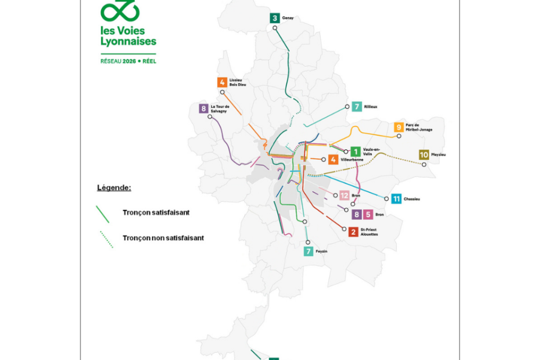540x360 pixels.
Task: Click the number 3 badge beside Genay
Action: point(274,18)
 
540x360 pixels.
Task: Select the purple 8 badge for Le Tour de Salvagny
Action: point(203,109)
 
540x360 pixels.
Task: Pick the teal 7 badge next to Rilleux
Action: point(357,107)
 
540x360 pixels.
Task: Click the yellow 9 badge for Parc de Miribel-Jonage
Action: point(399,127)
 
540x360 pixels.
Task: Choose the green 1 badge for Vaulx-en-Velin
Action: point(355,151)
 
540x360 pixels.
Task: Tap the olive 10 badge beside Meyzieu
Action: point(424,155)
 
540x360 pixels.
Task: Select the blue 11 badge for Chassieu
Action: point(397,199)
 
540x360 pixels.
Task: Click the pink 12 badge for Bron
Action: point(345,196)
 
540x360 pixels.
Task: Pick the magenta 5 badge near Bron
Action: point(367,214)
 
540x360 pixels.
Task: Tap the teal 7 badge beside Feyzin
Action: point(308,251)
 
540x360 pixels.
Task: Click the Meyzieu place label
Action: point(438,154)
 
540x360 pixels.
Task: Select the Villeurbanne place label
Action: point(352,160)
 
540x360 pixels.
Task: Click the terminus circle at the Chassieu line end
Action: point(386,199)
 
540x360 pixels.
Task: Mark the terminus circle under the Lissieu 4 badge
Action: point(223,92)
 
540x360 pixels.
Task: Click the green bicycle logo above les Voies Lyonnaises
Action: point(119,10)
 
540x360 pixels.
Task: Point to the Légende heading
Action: point(114,187)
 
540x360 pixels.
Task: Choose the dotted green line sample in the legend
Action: point(106,239)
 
